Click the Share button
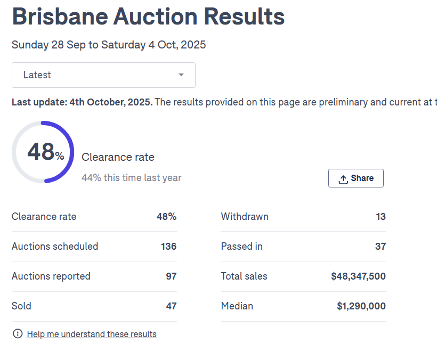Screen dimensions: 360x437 tap(355, 178)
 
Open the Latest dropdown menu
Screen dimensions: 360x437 tap(103, 75)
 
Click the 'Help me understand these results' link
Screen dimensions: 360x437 tap(92, 334)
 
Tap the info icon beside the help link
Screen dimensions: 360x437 tap(18, 334)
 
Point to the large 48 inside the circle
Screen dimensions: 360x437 tap(41, 152)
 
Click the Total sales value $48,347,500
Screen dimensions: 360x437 tap(358, 276)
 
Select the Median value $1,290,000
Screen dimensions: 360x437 tap(361, 306)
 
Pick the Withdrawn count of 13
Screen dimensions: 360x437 tap(380, 217)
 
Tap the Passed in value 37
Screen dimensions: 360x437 tap(380, 247)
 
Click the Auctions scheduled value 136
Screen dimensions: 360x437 tap(168, 247)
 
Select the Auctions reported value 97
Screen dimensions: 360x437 tap(171, 276)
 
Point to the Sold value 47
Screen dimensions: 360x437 tap(171, 306)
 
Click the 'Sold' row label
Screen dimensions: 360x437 tap(21, 306)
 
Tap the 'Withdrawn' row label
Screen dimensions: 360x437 tap(245, 217)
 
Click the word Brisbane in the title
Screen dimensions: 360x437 tap(59, 17)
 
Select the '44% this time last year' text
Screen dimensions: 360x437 tap(131, 178)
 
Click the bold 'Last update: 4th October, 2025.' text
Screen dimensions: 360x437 tap(82, 102)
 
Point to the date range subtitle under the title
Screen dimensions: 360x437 tap(109, 45)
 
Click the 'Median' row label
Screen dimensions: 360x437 tap(237, 306)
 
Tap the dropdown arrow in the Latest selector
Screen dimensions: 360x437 tap(181, 75)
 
